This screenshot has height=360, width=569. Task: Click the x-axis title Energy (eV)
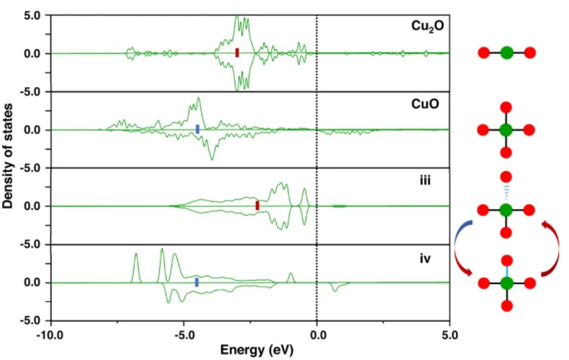tap(256, 350)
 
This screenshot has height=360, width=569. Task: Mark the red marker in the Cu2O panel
tap(237, 53)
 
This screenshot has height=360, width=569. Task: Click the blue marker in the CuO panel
tap(197, 129)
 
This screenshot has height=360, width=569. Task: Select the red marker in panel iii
tap(257, 205)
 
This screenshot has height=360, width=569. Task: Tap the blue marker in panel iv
tap(197, 282)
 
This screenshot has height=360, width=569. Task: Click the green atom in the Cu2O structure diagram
tap(506, 53)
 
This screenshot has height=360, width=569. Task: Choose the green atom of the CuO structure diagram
tap(506, 130)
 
